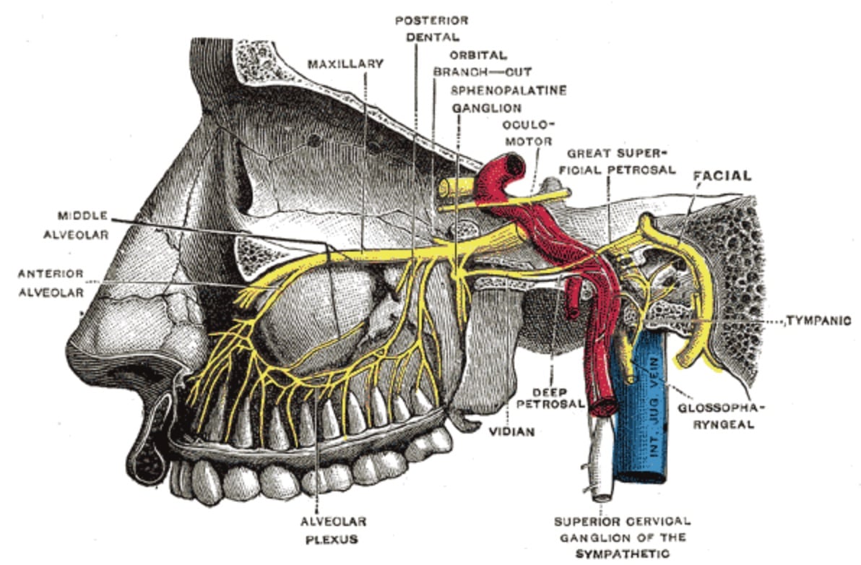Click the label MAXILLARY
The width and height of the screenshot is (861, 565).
pos(345,64)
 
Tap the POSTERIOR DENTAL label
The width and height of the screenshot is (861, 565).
pos(431,27)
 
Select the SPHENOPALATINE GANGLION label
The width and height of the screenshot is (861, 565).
pos(508,99)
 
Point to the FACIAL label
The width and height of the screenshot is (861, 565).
pos(722,176)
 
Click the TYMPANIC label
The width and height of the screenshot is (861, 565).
pos(818,320)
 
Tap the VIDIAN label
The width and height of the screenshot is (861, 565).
pos(513,431)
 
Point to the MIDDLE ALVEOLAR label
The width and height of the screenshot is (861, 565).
pos(83,224)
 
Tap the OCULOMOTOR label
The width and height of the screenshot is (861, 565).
pos(529,132)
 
